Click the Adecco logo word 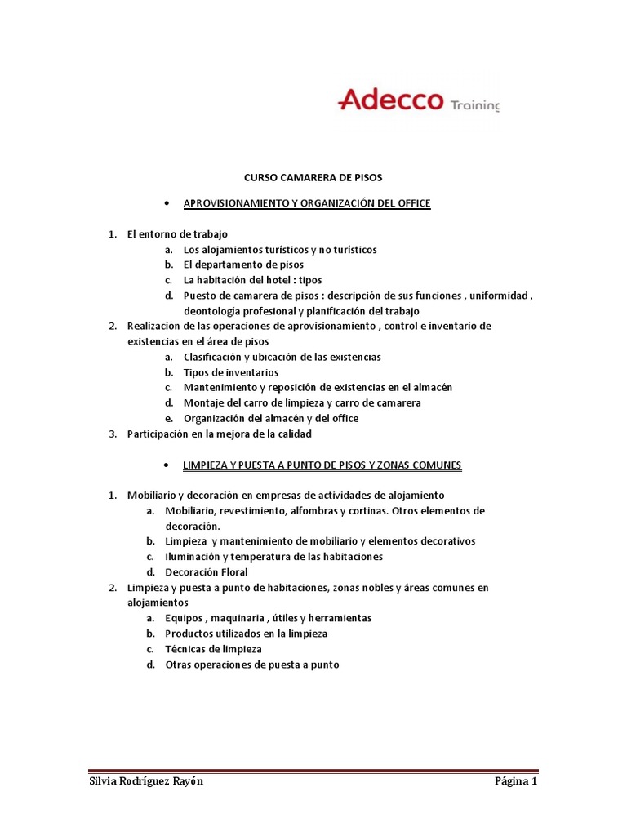point(389,100)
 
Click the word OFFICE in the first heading point(411,202)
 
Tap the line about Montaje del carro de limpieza point(302,402)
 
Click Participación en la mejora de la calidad point(220,434)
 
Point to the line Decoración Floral point(207,572)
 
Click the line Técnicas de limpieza point(213,649)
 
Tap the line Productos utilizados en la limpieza point(247,634)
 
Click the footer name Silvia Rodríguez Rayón point(146,781)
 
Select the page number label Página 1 point(516,781)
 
